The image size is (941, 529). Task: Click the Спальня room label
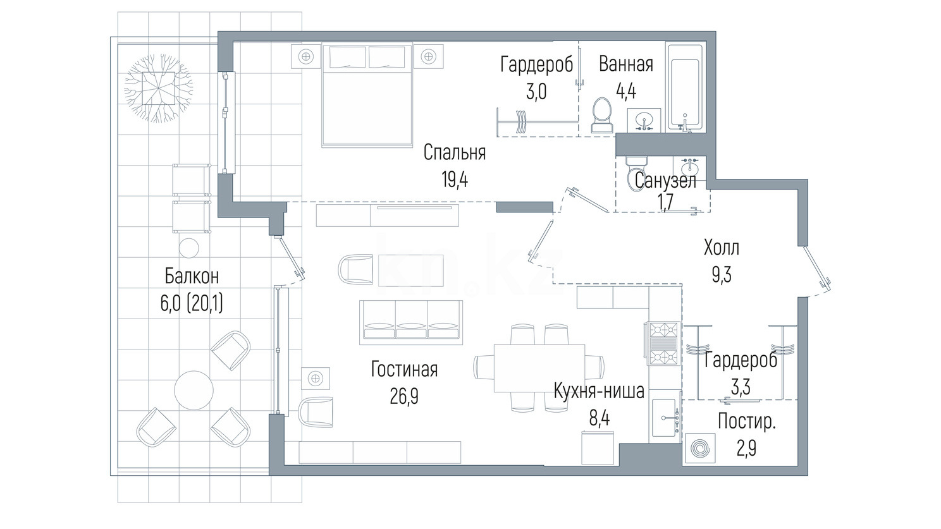click(454, 153)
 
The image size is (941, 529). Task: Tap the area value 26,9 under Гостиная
click(403, 396)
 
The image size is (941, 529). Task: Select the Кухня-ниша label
click(599, 391)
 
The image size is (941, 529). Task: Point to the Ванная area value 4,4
click(625, 91)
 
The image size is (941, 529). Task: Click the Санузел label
click(665, 181)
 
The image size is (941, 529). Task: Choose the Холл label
click(722, 248)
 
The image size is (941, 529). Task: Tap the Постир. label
click(746, 422)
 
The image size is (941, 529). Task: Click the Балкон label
click(192, 276)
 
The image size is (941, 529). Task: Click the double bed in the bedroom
click(367, 95)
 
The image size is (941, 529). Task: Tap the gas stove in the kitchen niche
click(664, 343)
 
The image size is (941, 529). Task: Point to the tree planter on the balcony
click(158, 88)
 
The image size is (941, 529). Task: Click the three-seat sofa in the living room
click(411, 322)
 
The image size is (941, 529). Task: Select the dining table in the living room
click(539, 368)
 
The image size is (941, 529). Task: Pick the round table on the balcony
click(194, 391)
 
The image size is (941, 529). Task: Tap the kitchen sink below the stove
click(665, 418)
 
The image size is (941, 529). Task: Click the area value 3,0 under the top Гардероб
click(536, 91)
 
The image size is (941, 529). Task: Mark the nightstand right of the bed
click(428, 56)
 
